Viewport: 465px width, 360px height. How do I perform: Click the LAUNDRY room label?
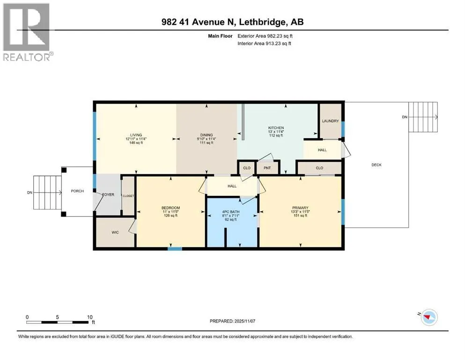(x=330, y=121)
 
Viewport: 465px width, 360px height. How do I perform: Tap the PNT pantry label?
(x=267, y=168)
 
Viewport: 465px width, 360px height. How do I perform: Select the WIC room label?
(x=115, y=232)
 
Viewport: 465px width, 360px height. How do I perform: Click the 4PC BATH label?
(x=231, y=212)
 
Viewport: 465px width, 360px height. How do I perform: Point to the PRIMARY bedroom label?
(x=301, y=208)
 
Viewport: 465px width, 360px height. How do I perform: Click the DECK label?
(x=376, y=165)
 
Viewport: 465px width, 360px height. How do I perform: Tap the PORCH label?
(x=77, y=191)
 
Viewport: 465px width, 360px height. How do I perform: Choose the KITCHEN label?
(x=276, y=128)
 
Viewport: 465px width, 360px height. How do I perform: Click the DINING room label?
(x=207, y=135)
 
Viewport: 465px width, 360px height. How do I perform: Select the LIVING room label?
(x=136, y=135)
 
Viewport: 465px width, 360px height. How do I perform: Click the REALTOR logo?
(x=27, y=32)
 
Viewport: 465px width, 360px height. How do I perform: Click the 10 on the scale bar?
(x=90, y=317)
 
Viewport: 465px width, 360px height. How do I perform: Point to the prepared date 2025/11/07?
(x=244, y=321)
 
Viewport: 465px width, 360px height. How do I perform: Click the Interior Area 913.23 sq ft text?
(x=264, y=43)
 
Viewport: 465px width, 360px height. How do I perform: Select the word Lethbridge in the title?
(x=263, y=22)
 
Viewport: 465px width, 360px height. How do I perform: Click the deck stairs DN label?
(x=405, y=117)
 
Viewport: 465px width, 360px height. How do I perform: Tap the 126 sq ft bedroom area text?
(x=171, y=216)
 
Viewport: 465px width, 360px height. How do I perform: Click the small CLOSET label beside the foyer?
(x=128, y=196)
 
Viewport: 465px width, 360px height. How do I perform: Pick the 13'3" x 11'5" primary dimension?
(x=301, y=211)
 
